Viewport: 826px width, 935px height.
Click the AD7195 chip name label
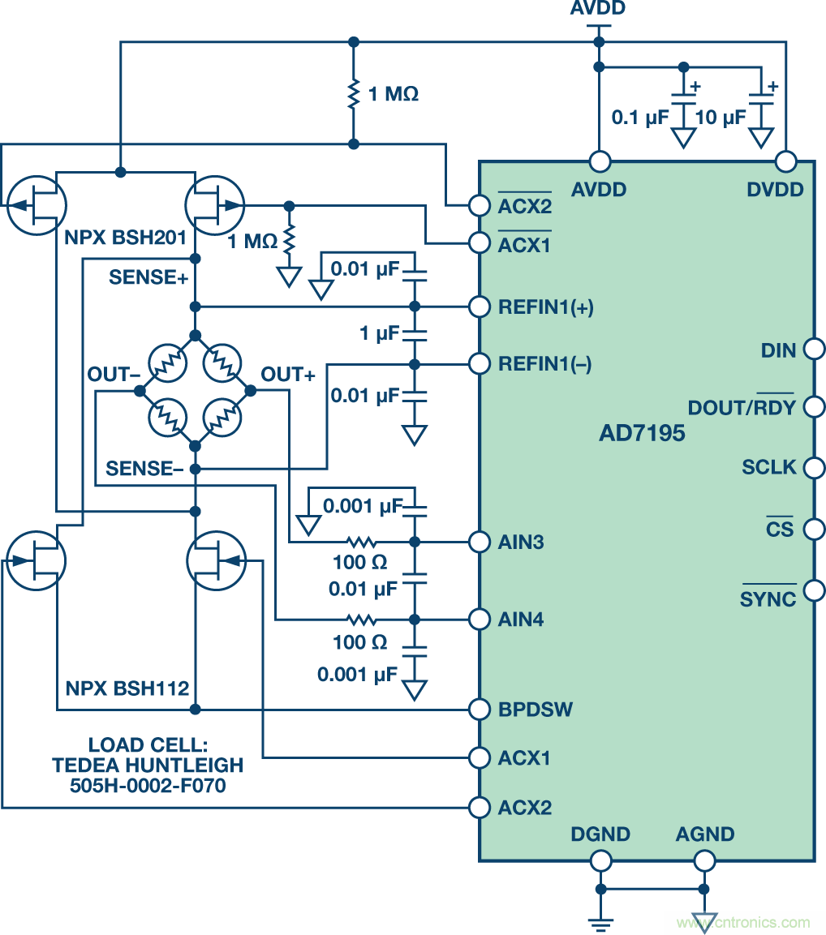tap(642, 433)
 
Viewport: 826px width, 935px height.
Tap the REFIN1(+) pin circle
tap(480, 307)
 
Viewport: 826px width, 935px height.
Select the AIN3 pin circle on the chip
tap(480, 541)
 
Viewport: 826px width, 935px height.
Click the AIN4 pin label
tap(521, 620)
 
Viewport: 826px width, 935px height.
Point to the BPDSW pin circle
tap(480, 709)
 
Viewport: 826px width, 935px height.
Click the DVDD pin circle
tap(785, 161)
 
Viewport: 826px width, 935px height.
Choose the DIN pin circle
tap(814, 350)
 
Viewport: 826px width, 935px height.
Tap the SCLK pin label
tap(769, 468)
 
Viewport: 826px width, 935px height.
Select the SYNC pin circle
tap(814, 590)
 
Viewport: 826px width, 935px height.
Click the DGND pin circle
tap(600, 860)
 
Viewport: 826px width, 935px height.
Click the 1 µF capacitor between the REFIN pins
tap(415, 333)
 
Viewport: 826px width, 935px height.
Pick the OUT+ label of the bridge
tap(288, 375)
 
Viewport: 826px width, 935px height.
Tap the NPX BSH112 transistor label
tap(127, 689)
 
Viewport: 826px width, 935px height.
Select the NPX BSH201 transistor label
tap(127, 239)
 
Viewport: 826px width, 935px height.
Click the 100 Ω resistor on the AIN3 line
tap(361, 542)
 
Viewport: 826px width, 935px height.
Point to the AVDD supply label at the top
tap(599, 10)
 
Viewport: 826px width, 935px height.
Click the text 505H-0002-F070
tap(148, 784)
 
